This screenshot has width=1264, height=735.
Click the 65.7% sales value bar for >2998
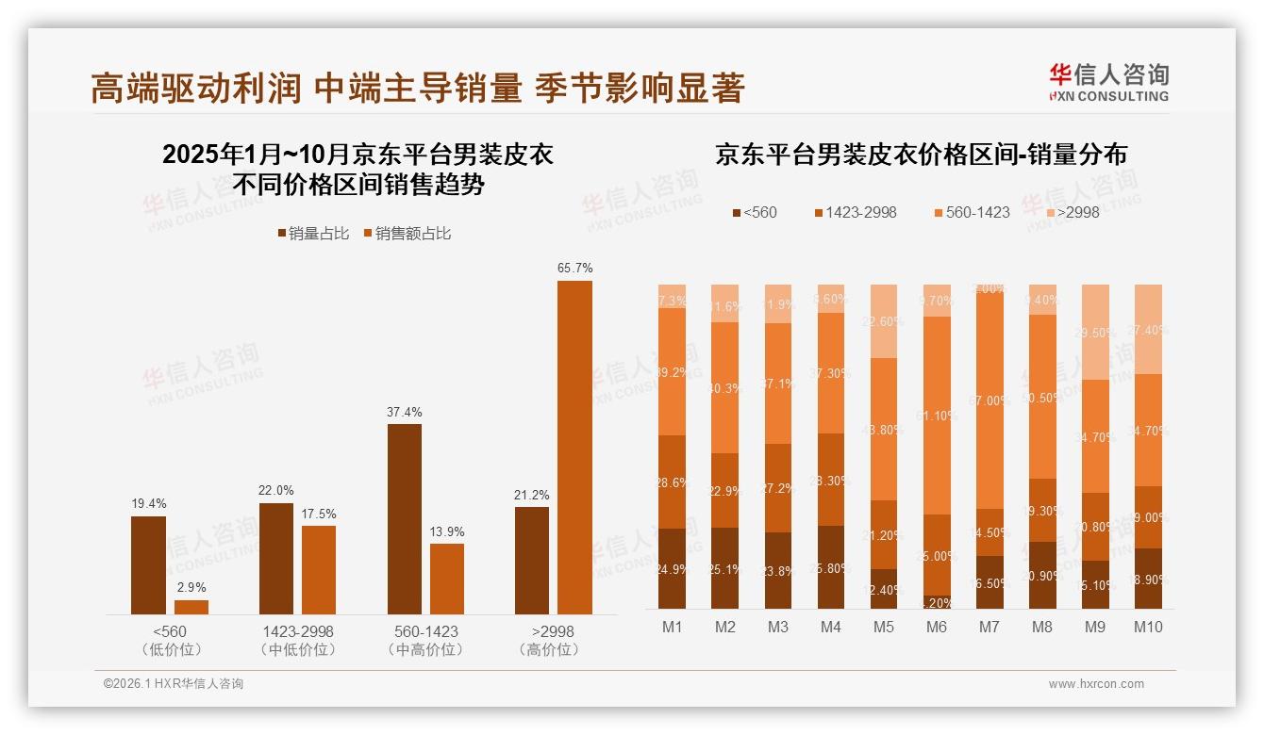pos(574,448)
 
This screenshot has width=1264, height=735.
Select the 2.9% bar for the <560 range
pos(191,607)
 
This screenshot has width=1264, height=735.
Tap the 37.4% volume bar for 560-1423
pos(404,519)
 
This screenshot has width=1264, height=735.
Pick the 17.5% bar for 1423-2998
pos(319,570)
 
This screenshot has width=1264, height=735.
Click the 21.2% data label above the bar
pos(532,495)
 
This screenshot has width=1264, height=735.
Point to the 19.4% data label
pos(148,504)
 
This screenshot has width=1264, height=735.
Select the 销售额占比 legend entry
pos(407,234)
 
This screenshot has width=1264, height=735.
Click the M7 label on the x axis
pos(990,628)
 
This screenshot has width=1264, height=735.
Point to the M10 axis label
pos(1148,628)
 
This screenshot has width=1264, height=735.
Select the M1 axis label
pos(673,628)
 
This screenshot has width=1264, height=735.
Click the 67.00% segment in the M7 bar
pos(990,400)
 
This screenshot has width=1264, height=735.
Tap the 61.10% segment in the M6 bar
pos(937,416)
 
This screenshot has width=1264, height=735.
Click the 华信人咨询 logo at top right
pos(1108,82)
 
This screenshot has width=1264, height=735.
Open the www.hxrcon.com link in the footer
pos(1096,684)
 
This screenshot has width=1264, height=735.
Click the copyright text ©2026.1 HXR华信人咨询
pos(174,684)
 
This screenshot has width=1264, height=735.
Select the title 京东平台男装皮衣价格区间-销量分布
pos(921,155)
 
